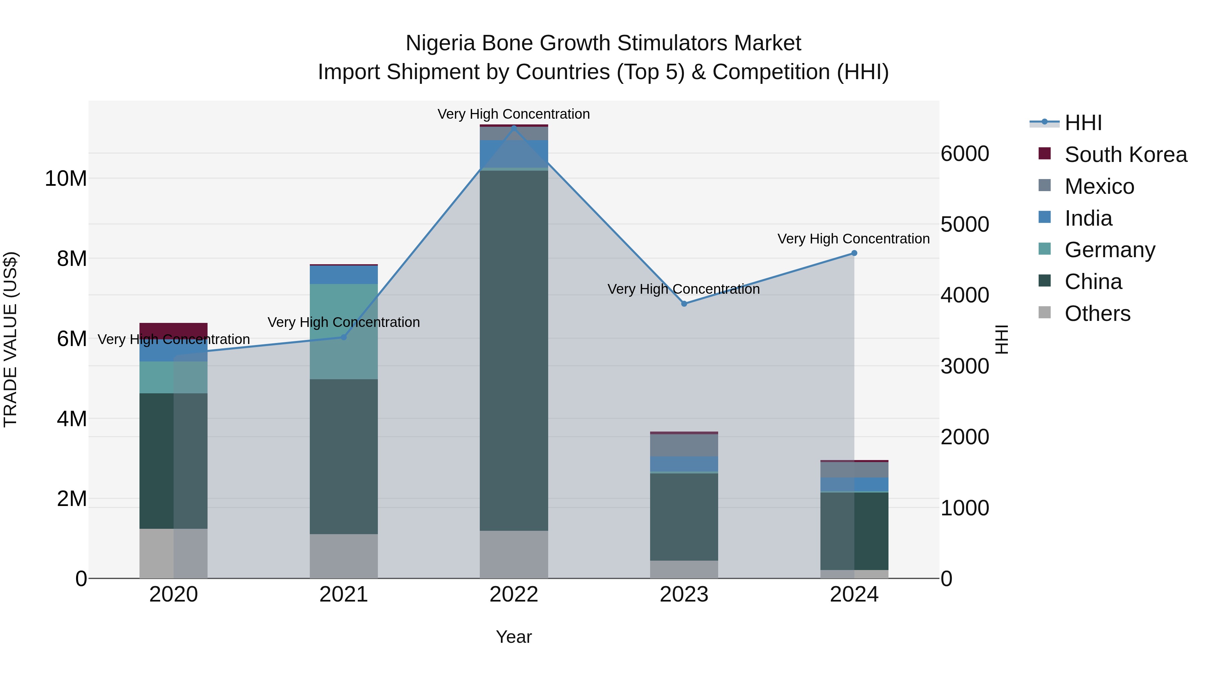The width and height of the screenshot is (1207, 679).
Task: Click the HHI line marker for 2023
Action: point(684,304)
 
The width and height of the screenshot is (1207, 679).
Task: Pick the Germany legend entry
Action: point(1109,250)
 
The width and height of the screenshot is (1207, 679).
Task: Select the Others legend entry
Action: point(1097,314)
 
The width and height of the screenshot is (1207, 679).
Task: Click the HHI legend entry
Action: point(1083,123)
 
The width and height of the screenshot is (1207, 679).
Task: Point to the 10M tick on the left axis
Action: point(66,178)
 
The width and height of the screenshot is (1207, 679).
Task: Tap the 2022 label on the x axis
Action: point(514,595)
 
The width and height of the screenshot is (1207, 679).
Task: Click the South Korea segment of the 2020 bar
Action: point(173,330)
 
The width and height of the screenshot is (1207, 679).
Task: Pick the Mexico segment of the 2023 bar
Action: point(684,445)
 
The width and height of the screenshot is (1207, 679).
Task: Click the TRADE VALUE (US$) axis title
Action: point(10,339)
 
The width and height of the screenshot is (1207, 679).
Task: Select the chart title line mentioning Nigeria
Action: point(603,43)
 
